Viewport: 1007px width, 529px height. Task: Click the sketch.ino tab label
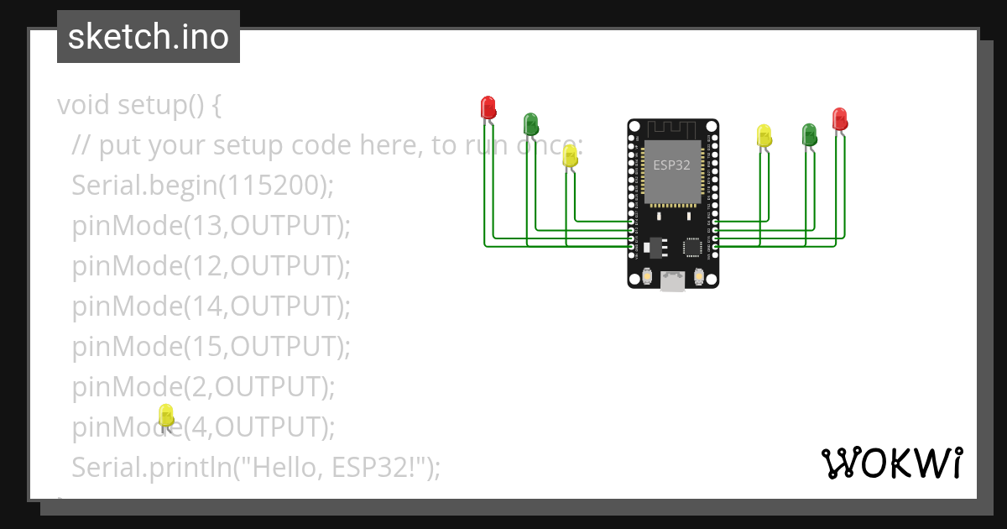click(x=148, y=37)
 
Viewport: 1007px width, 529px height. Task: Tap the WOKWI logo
click(x=891, y=463)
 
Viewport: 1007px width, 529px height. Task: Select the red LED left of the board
click(x=488, y=107)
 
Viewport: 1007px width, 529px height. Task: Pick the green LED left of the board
click(x=530, y=124)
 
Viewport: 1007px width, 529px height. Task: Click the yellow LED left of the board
click(x=570, y=155)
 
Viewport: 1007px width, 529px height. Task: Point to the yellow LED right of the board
click(x=764, y=135)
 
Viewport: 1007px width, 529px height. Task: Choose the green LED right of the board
click(x=809, y=134)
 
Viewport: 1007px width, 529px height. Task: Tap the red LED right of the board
click(x=839, y=118)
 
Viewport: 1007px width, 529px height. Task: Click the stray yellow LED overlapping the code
click(x=166, y=415)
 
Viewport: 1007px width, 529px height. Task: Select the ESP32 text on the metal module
click(x=671, y=165)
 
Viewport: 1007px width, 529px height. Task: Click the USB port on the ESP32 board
click(x=672, y=281)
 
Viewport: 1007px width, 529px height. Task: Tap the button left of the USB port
click(x=647, y=276)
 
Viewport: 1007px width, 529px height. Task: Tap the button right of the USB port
click(x=698, y=276)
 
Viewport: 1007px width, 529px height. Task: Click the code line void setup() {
click(x=138, y=105)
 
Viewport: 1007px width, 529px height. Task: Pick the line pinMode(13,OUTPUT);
click(x=211, y=226)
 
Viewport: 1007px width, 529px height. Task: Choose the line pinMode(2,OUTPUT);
click(x=203, y=387)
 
